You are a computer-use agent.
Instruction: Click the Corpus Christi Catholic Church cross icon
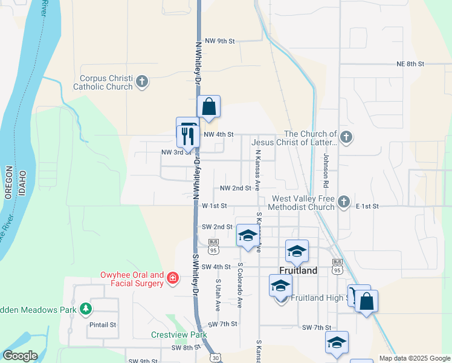142,82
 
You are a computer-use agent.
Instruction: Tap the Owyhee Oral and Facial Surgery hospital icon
173,278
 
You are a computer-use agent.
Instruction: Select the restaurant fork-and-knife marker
186,136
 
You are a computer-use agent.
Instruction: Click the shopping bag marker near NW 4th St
208,107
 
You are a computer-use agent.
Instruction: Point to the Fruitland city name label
298,270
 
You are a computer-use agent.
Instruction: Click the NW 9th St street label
219,41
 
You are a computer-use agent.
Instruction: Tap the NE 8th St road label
411,64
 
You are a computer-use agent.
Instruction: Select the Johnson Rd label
325,170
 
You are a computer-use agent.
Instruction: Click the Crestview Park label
179,335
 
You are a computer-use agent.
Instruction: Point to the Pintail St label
103,325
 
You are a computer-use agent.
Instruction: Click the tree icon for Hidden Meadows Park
86,309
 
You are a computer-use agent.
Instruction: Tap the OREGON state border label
9,181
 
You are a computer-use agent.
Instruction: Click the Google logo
20,356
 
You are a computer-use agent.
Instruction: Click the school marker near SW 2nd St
247,236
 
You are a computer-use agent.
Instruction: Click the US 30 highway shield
216,358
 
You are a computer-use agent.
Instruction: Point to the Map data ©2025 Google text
414,358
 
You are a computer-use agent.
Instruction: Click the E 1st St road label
367,206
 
